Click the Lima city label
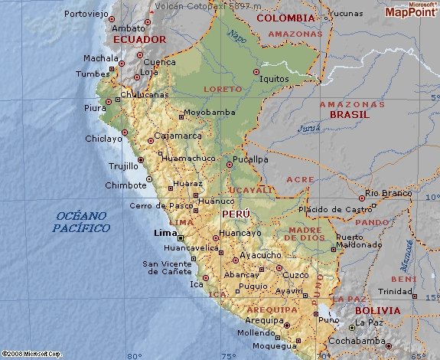pos(165,233)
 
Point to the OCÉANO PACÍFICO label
pos(81,222)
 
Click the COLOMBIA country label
pos(285,18)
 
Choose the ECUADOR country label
pos(139,39)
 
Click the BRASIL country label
pos(349,114)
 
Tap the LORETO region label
pos(223,90)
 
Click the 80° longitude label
pos(135,355)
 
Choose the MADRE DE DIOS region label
pos(305,234)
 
